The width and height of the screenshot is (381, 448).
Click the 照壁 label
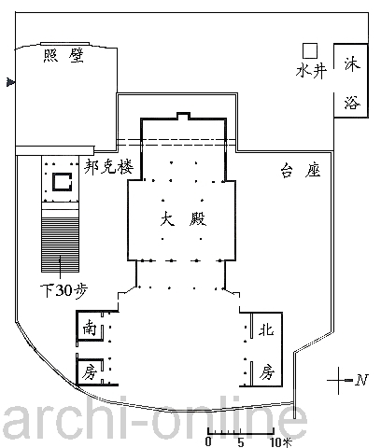point(63,56)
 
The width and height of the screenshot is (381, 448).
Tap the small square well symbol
point(310,50)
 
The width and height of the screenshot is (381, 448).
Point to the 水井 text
point(311,71)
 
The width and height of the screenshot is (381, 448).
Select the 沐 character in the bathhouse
point(352,64)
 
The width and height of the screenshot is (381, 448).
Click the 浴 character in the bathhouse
point(352,103)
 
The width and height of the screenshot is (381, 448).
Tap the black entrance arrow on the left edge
point(10,82)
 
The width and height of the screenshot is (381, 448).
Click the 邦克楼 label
point(108,167)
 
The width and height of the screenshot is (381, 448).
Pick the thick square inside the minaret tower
point(62,182)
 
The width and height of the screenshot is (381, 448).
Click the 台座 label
point(301,171)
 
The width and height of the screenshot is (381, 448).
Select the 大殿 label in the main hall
point(183,218)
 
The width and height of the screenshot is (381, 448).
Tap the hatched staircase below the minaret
point(61,245)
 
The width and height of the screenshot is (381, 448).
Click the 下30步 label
point(64,290)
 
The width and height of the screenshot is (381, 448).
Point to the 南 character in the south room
point(90,328)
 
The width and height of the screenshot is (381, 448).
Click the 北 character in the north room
point(266,329)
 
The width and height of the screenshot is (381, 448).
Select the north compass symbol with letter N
point(347,380)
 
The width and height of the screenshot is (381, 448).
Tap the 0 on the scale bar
point(208,441)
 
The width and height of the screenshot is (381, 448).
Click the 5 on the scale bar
point(240,441)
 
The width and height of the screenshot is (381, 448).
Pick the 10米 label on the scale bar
point(280,441)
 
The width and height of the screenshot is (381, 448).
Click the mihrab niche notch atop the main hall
point(183,116)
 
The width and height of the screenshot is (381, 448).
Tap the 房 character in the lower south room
point(90,371)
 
